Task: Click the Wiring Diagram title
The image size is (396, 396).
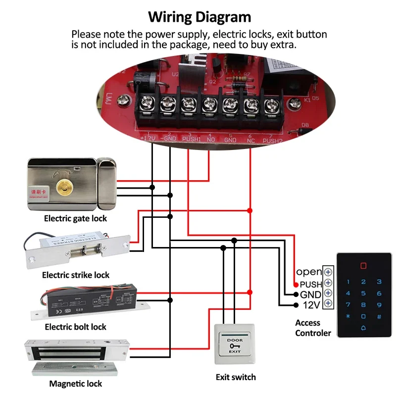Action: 199,17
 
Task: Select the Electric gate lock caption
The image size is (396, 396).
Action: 75,218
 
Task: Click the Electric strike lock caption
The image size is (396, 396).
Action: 76,275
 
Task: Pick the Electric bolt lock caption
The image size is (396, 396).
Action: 75,327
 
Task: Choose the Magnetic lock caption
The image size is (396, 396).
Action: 75,384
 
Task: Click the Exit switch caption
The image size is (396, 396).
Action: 236,377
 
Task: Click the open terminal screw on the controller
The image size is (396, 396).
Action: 328,272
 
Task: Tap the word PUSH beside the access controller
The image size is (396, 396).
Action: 311,285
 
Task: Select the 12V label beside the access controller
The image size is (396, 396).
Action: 312,304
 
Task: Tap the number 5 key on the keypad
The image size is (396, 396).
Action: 363,294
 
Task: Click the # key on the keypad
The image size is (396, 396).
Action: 379,316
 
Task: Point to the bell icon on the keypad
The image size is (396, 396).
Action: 363,328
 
